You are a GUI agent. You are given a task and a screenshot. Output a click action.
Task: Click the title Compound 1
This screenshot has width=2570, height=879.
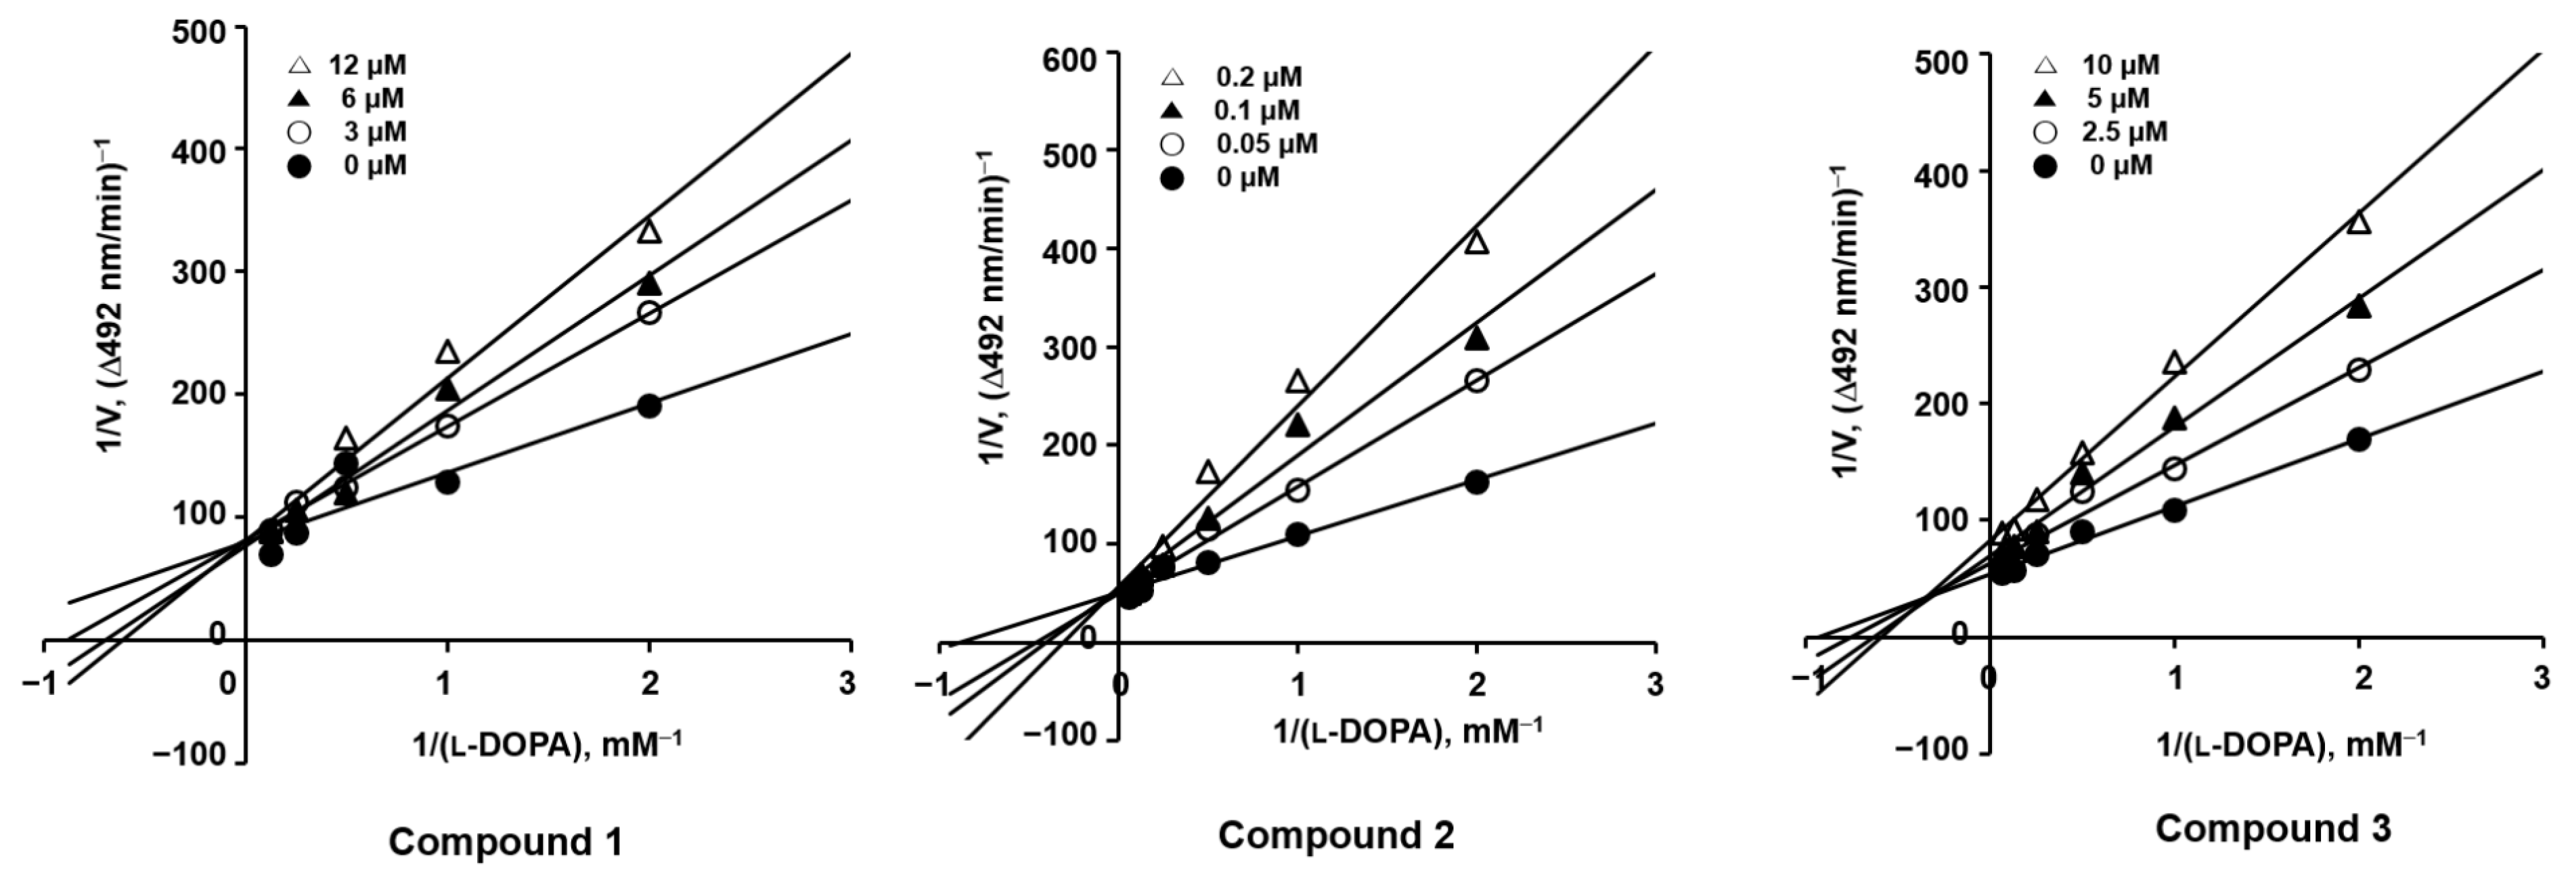[505, 841]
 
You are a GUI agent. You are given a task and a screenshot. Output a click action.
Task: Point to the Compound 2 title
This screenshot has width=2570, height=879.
[1336, 834]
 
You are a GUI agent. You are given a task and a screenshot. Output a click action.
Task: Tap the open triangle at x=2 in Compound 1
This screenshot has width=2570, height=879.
[650, 231]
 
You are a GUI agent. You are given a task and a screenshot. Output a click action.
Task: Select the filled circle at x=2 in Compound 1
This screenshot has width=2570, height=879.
[650, 406]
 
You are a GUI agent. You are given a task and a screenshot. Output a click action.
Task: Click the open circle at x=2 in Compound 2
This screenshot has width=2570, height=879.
[1477, 381]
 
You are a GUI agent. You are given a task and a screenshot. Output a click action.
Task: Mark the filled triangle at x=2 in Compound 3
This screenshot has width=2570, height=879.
[2359, 307]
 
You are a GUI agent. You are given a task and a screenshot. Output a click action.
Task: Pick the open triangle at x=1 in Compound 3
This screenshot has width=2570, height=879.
[2175, 363]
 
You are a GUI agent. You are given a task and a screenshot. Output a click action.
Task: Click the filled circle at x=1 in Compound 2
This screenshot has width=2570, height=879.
[1297, 534]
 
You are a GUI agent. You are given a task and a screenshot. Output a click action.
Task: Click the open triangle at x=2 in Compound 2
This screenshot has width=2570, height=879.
[1477, 242]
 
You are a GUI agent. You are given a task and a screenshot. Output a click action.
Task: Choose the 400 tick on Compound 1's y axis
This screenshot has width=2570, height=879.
[198, 150]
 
